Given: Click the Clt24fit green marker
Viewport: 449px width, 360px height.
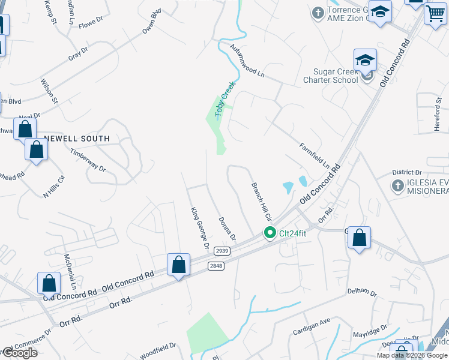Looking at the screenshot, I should coord(270,233).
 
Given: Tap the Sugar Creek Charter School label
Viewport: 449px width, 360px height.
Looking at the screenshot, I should coord(331,76).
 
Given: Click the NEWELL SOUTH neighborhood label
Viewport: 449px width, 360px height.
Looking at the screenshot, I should coord(76,139).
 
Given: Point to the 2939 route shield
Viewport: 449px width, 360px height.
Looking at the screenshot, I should coord(222,251).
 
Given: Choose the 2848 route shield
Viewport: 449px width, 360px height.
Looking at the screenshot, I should coord(216,266).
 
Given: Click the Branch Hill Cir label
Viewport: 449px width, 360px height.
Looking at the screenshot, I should coord(262,202).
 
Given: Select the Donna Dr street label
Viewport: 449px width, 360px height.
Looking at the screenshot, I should coord(227,229).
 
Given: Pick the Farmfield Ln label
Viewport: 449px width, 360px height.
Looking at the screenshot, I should coord(315,155).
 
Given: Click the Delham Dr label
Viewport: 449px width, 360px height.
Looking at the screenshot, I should coord(361,293).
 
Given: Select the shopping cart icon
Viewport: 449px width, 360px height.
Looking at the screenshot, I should coord(435,13).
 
